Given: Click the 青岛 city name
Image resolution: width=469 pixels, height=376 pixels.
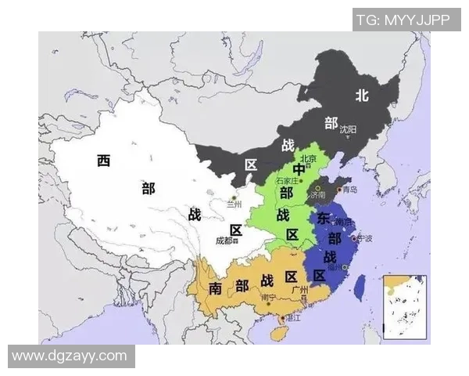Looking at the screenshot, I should click(349, 190).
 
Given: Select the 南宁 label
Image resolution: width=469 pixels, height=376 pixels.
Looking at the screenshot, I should click(268, 298).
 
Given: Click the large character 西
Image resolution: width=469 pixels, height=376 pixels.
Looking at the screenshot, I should click(103, 161).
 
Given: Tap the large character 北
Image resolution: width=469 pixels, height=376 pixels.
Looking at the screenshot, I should click(361, 96).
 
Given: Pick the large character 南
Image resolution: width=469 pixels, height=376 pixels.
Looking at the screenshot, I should click(217, 288).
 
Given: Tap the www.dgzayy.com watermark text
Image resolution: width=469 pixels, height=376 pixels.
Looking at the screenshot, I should click(70, 356).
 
